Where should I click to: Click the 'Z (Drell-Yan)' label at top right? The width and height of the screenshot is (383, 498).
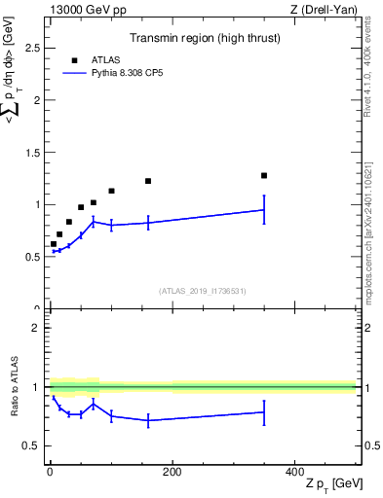[324, 9]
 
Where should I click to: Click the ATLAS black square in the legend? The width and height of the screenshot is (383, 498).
[73, 59]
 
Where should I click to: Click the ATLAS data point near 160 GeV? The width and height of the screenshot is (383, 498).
[148, 181]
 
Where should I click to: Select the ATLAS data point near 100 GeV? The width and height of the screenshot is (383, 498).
[111, 191]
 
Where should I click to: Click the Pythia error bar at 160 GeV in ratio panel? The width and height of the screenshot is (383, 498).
[148, 420]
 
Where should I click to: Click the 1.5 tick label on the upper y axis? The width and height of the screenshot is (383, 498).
[36, 152]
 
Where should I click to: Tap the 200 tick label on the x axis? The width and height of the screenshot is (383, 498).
[172, 472]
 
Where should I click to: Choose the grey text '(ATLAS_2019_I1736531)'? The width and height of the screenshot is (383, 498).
[203, 290]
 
